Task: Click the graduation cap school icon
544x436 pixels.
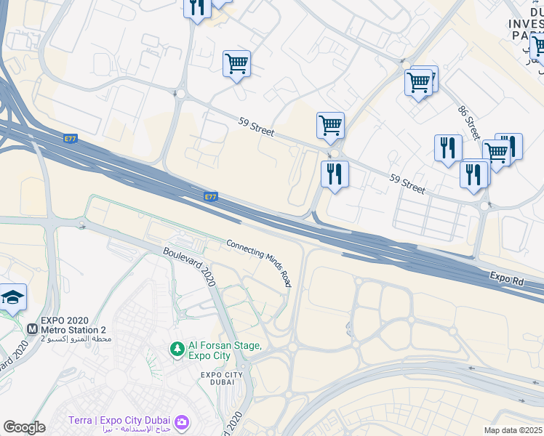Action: coord(12,297)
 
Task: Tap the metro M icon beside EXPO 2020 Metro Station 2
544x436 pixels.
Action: coord(32,329)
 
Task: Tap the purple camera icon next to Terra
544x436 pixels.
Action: coord(181,421)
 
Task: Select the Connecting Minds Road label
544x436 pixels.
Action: coord(258,263)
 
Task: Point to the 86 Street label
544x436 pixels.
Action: coord(469,123)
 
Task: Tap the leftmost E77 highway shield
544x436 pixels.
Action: coord(71,138)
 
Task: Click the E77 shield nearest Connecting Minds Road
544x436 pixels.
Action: coord(211,196)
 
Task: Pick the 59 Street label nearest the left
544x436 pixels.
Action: coord(256,128)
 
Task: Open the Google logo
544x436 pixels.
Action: coord(24,427)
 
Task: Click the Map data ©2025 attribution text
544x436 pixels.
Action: coord(513,430)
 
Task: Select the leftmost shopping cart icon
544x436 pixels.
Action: coord(236,64)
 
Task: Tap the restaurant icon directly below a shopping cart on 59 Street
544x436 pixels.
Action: coord(335,174)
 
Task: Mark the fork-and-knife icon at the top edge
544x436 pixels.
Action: coord(197,7)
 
